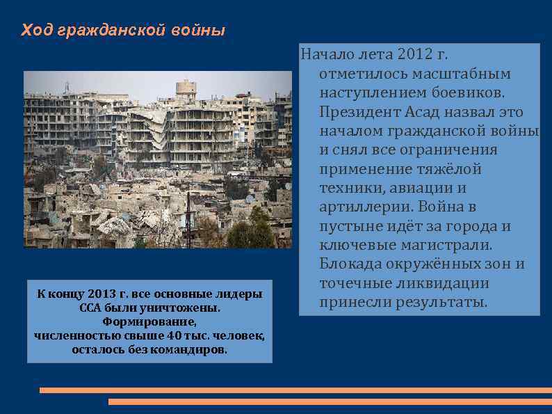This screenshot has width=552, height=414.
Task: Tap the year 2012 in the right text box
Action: click(415, 54)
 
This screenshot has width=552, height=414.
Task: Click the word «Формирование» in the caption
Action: click(149, 321)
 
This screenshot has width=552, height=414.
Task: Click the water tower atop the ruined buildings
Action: click(186, 88)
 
